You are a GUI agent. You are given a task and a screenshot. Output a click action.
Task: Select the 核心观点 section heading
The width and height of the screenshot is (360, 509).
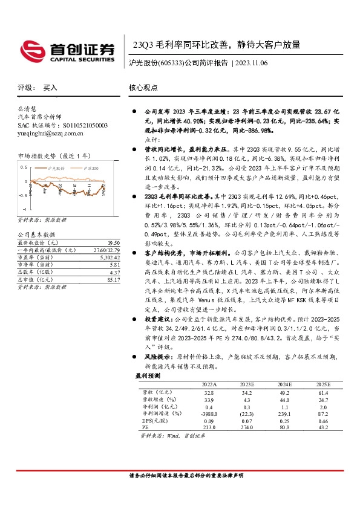point(143,88)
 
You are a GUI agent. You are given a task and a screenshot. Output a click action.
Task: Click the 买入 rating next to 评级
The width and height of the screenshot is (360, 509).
point(50,88)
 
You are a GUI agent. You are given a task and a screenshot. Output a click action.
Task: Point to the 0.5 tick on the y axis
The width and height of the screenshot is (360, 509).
point(24,167)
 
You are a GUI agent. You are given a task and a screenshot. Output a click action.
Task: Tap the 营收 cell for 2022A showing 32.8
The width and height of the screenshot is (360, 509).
point(209,392)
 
